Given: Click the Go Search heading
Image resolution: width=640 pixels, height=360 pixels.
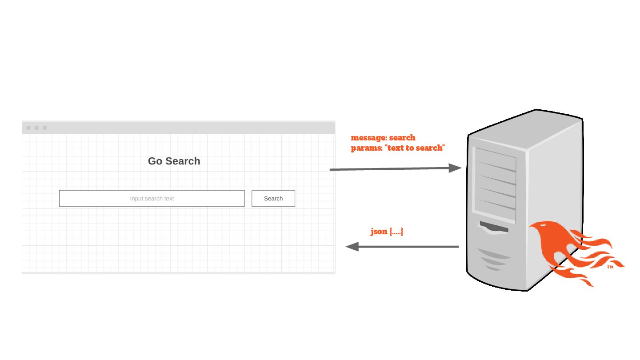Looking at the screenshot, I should pyautogui.click(x=174, y=161).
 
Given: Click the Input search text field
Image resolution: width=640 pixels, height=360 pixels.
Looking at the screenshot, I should pyautogui.click(x=152, y=198).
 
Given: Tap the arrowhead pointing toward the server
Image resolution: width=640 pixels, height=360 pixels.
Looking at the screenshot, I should pyautogui.click(x=455, y=168).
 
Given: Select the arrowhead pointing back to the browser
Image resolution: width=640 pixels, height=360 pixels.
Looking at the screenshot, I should pyautogui.click(x=352, y=247).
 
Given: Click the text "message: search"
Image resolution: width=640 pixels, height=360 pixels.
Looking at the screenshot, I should pyautogui.click(x=383, y=138).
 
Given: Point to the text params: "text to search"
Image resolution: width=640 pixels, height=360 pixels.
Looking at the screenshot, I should pyautogui.click(x=398, y=148).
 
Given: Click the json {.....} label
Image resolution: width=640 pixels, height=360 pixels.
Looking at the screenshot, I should pyautogui.click(x=387, y=232).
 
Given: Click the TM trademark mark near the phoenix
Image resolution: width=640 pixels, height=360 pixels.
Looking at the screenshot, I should pyautogui.click(x=610, y=267).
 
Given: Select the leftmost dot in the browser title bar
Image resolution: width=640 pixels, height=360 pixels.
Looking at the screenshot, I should pyautogui.click(x=28, y=128).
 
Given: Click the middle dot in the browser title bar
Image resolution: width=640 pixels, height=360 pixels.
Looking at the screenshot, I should pyautogui.click(x=36, y=128).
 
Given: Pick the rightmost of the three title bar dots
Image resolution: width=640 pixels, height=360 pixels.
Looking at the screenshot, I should pyautogui.click(x=44, y=128).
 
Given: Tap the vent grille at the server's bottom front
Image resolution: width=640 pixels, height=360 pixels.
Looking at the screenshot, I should pyautogui.click(x=493, y=259).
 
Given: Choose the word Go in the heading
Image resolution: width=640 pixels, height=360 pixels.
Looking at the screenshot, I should pyautogui.click(x=155, y=161).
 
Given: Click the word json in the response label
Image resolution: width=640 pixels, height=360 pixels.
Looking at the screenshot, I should pyautogui.click(x=379, y=232).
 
